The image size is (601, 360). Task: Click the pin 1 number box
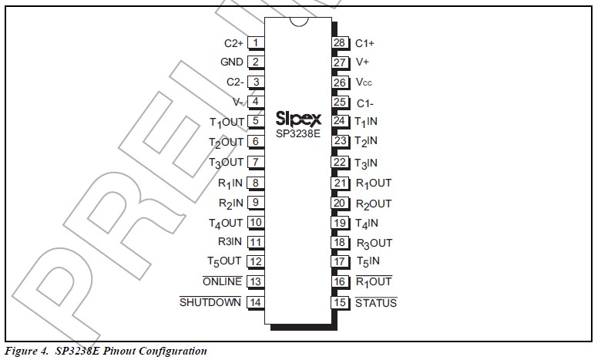[x=255, y=43]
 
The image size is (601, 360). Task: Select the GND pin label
[x=231, y=62]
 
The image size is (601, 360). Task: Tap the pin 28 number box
[x=339, y=43]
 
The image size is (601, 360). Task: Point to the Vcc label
[x=364, y=82]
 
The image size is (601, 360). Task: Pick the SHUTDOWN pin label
[x=210, y=302]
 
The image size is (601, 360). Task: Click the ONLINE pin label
[x=222, y=281]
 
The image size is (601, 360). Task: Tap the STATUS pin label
[x=376, y=303]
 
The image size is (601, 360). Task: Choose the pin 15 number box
[x=339, y=302]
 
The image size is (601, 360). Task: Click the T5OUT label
[x=224, y=262]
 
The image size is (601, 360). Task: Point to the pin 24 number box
[x=339, y=121]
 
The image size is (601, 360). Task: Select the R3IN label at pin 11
[x=230, y=242]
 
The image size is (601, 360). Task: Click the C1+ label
[x=364, y=43]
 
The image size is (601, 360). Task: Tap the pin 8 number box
[x=255, y=183]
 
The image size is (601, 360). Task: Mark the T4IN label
[x=366, y=224]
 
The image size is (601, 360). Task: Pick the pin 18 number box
[x=339, y=243]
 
